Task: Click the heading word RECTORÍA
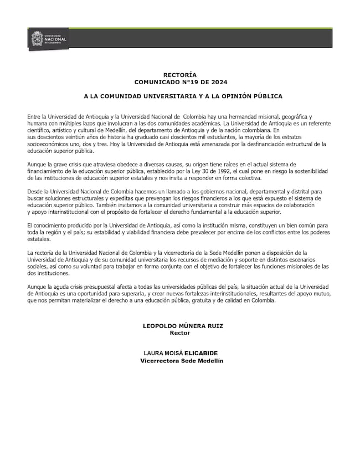point(180,74)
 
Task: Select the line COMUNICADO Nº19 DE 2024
point(180,81)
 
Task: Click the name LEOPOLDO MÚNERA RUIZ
point(179,326)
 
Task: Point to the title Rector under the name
point(179,333)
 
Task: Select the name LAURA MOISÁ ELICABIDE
point(180,353)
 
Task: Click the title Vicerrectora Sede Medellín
point(182,361)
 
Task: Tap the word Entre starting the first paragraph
point(34,117)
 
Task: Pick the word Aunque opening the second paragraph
point(36,165)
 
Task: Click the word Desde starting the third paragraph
point(35,191)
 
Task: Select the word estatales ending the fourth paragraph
point(38,239)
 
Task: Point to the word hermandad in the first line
point(234,117)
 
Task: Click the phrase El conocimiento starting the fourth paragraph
point(47,226)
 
